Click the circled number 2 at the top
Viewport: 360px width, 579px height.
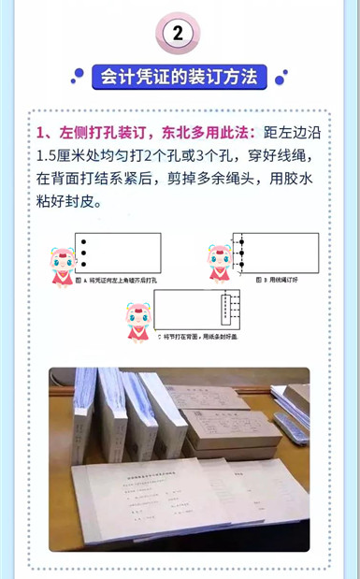click(180, 34)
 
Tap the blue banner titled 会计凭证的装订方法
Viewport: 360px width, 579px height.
click(180, 77)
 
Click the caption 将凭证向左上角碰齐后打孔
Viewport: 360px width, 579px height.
click(119, 281)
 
